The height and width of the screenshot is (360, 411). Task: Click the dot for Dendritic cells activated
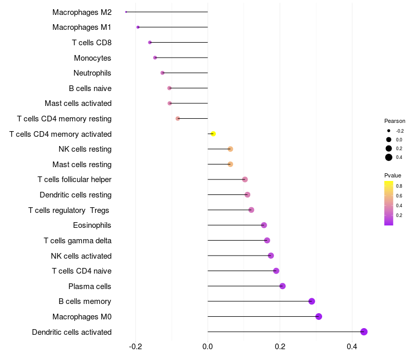click(x=364, y=332)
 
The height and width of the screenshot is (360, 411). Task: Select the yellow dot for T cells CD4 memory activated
click(x=213, y=134)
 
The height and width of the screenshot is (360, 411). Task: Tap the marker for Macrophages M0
click(x=319, y=316)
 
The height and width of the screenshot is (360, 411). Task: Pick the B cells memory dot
click(x=311, y=301)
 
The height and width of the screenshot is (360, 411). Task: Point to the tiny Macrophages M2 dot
click(x=126, y=12)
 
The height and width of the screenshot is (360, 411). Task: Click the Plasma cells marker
click(x=282, y=286)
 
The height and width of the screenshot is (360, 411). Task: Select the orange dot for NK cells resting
click(x=230, y=149)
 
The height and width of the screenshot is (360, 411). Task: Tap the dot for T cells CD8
click(x=150, y=42)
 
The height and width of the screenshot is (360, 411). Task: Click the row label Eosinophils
click(x=92, y=225)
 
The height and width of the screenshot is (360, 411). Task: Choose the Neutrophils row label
click(x=92, y=73)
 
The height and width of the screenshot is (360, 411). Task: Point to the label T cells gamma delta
click(x=78, y=240)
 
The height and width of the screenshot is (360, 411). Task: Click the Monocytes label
click(x=92, y=58)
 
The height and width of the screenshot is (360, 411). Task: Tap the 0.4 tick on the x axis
click(x=352, y=347)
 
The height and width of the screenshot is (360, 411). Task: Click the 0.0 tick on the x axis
click(x=208, y=347)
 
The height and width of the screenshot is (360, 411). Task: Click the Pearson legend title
click(x=395, y=121)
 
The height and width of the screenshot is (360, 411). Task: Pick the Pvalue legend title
click(x=393, y=175)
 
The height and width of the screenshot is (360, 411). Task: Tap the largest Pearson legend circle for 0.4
click(x=389, y=157)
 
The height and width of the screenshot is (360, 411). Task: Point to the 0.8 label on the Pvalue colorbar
click(x=399, y=186)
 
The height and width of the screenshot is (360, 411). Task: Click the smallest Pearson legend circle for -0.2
click(x=389, y=131)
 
